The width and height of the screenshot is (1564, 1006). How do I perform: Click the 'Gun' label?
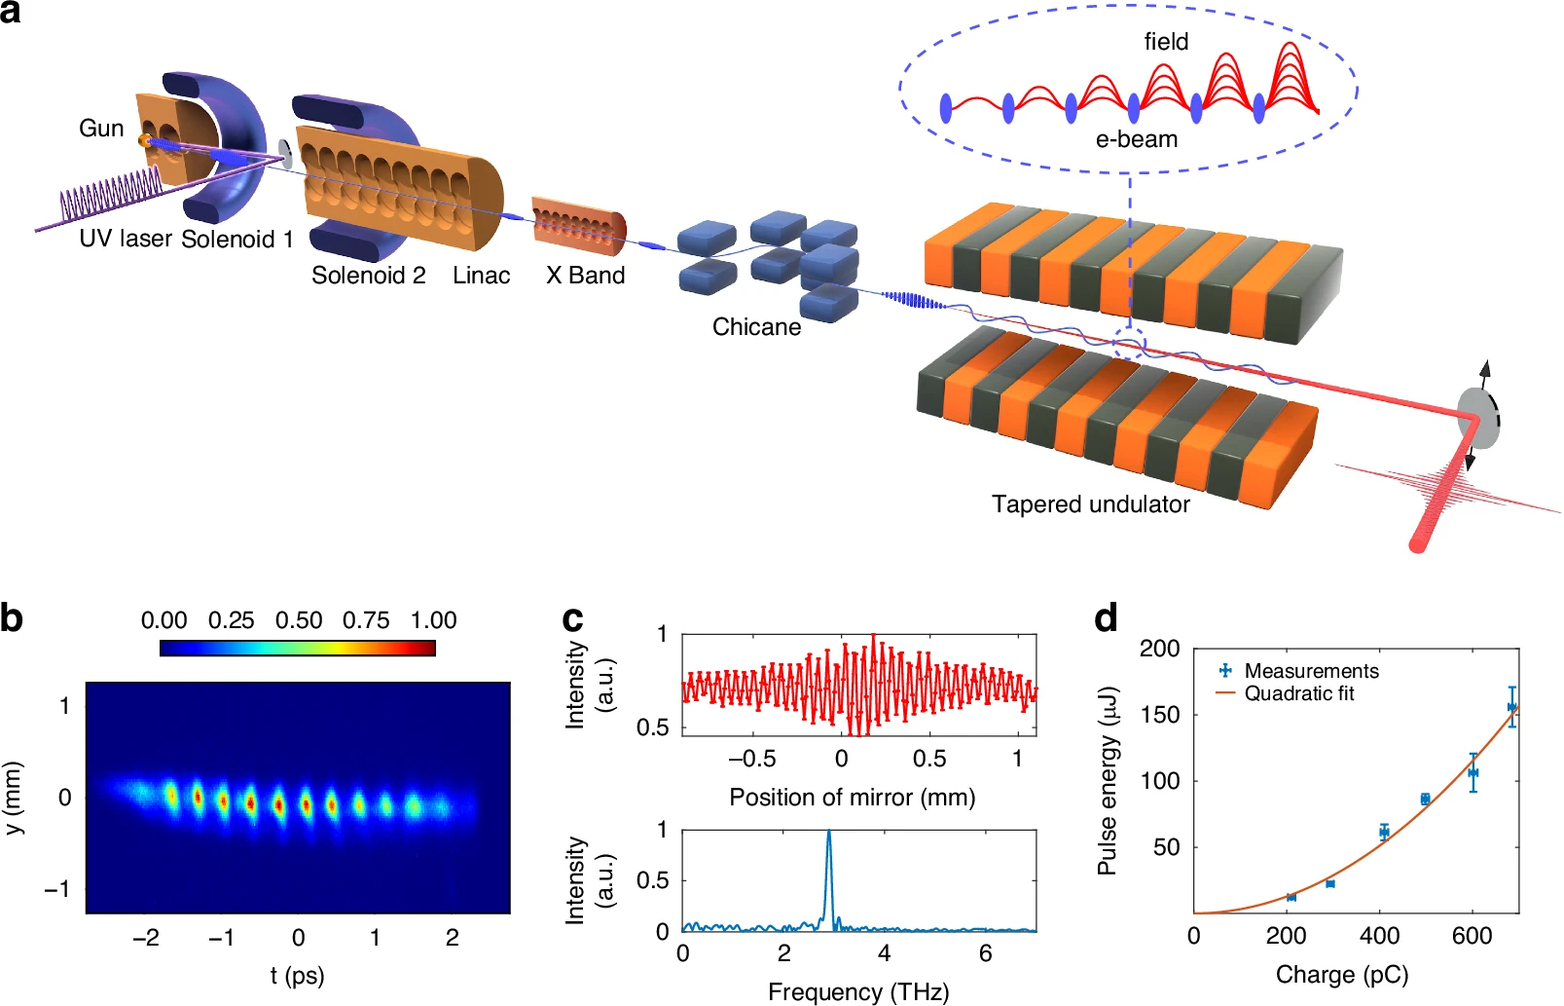click(101, 129)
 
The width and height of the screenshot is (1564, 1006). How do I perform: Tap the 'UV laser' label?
click(126, 239)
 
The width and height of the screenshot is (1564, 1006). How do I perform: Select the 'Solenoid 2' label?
click(368, 276)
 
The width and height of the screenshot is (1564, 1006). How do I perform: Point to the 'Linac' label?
click(481, 276)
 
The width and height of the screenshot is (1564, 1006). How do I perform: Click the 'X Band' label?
click(585, 276)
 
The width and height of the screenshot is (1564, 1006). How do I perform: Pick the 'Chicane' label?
click(756, 327)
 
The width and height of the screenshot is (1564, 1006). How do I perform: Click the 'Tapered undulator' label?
click(1090, 504)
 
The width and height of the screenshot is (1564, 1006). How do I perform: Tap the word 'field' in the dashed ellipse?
click(1166, 42)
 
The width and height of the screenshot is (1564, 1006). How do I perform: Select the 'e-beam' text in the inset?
click(1136, 139)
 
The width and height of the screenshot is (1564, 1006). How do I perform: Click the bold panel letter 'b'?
click(12, 618)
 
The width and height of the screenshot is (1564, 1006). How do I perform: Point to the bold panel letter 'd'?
click(1106, 618)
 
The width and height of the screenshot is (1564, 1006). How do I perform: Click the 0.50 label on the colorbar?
click(298, 620)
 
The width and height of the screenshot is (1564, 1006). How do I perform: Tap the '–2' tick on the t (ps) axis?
click(146, 938)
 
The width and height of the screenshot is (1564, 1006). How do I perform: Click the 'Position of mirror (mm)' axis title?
click(852, 798)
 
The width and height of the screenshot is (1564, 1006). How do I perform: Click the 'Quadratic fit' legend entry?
click(1298, 693)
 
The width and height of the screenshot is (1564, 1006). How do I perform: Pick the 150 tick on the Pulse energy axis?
click(1159, 715)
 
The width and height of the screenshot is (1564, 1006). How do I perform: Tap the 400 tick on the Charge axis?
click(1379, 937)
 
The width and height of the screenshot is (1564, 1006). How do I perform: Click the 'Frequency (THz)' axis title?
click(857, 991)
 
